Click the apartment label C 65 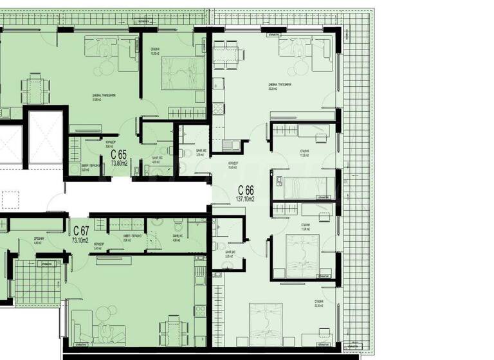coord(118,154)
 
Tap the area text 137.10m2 coord(246,199)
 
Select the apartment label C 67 coord(81,231)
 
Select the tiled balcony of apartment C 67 coord(37,282)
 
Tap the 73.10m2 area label coord(80,240)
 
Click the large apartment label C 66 coord(246,190)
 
